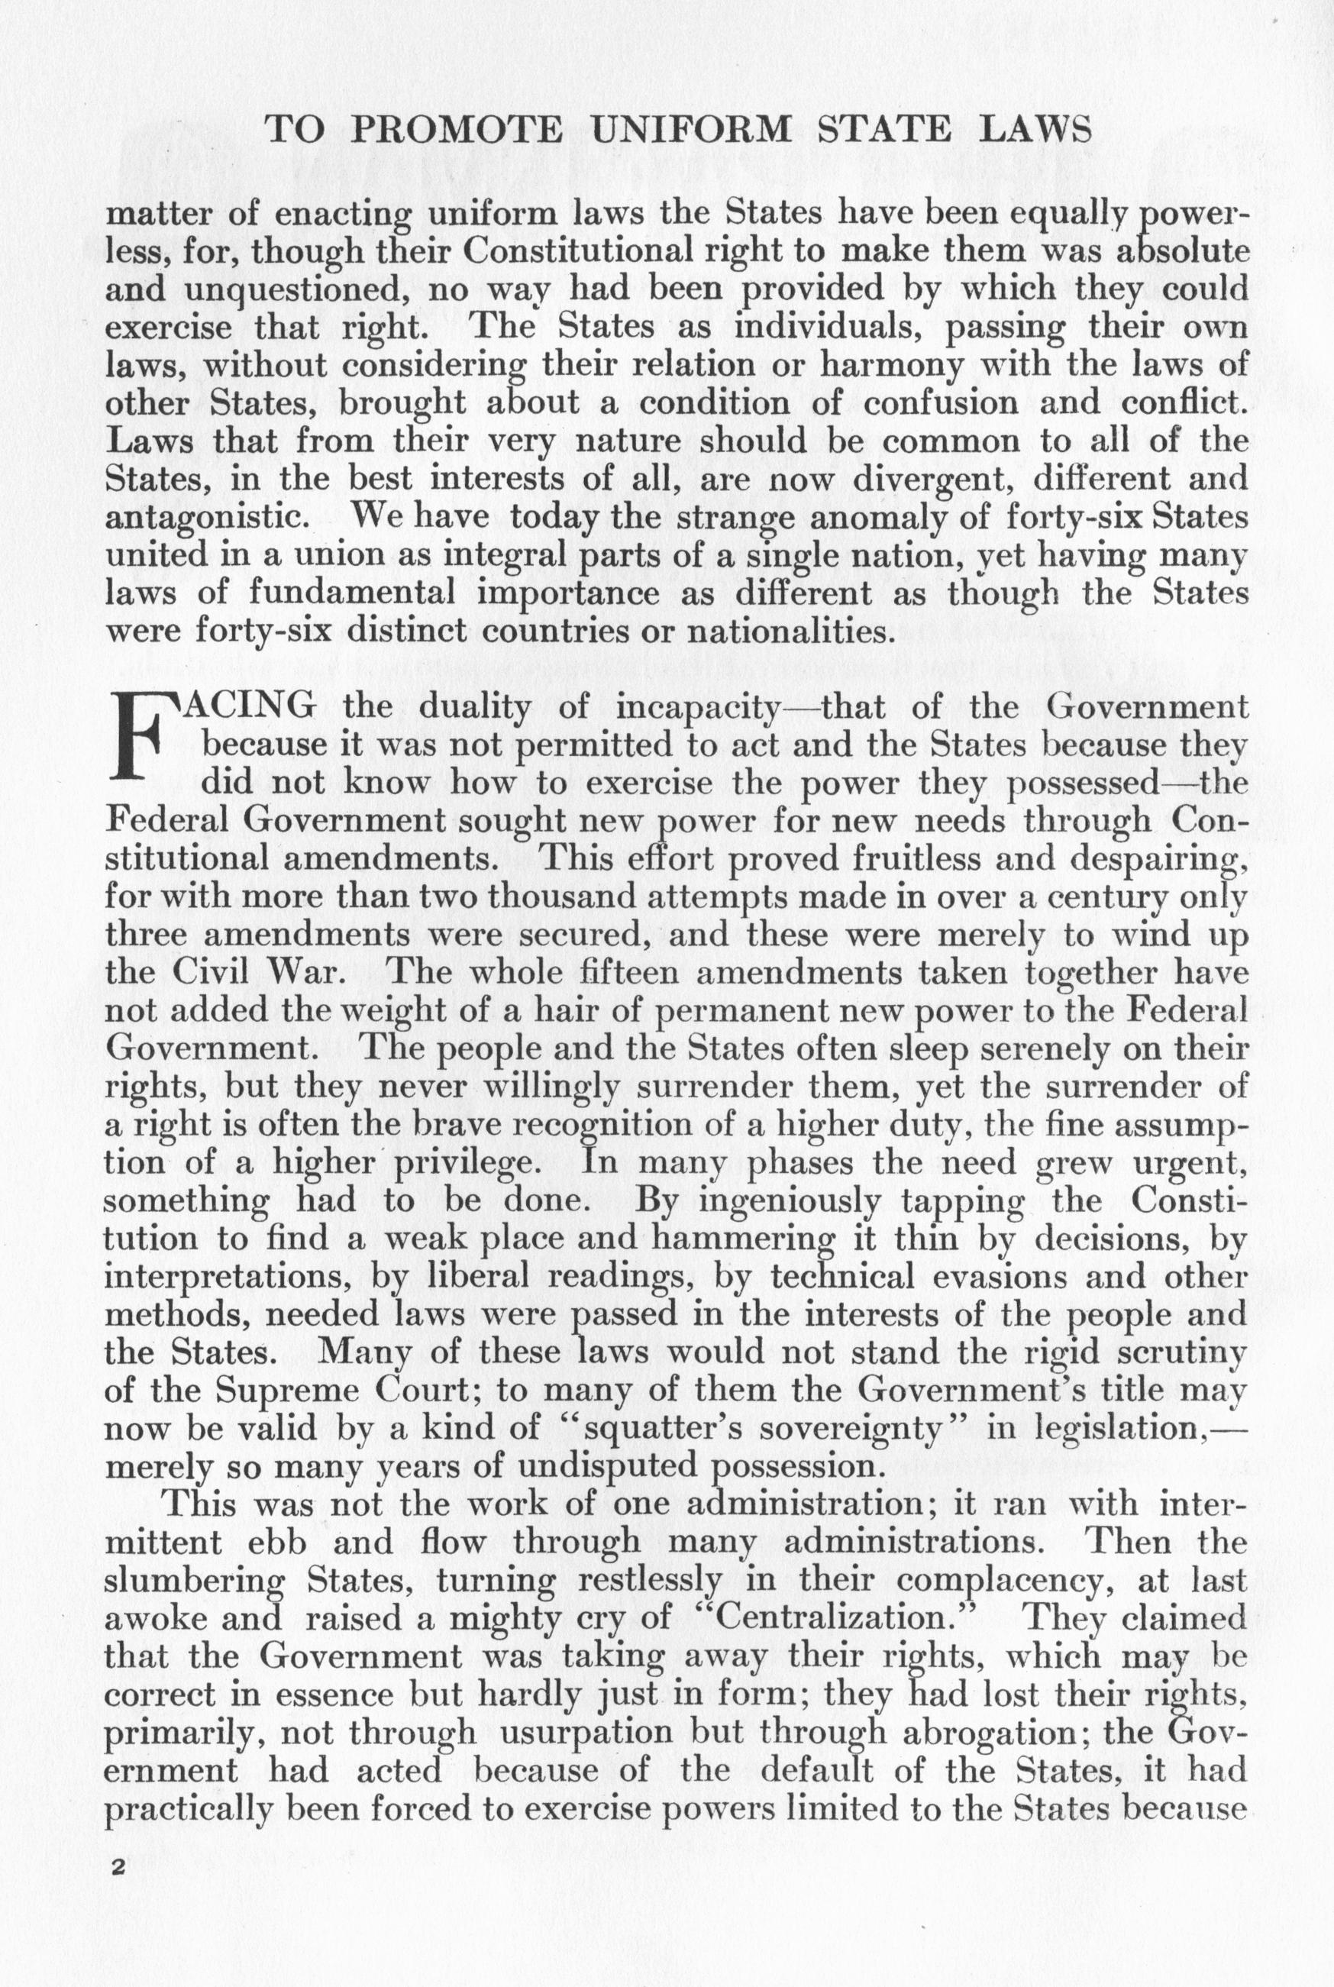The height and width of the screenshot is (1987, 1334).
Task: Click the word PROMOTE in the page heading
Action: tap(457, 130)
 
